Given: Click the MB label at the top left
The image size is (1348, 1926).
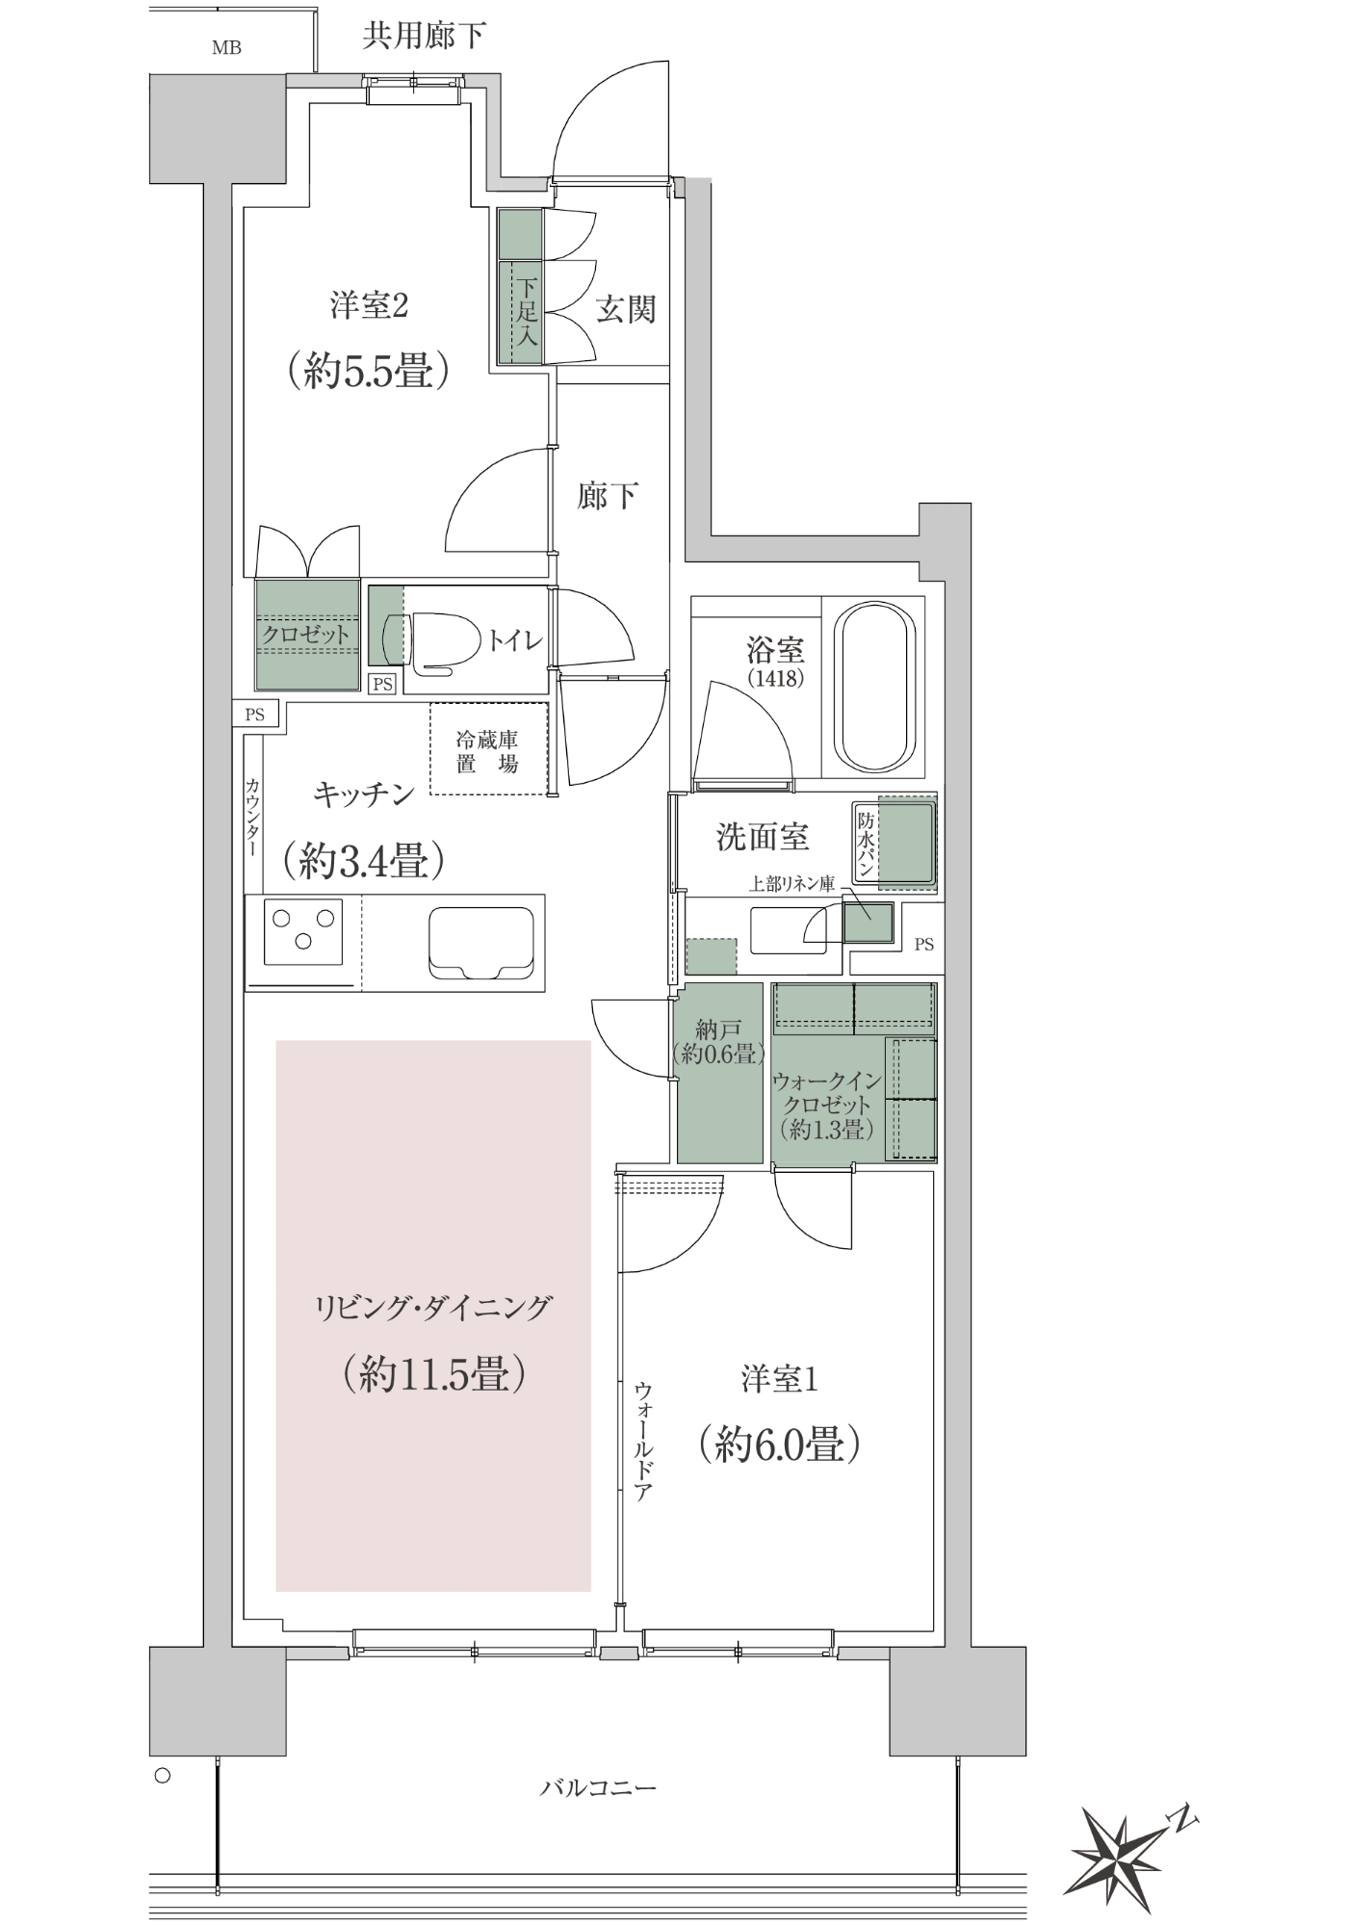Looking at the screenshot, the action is [226, 47].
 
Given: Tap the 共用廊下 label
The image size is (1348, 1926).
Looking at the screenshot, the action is [424, 36].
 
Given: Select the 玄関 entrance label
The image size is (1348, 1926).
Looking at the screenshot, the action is [626, 310].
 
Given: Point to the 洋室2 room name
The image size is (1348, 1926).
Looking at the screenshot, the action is [370, 306].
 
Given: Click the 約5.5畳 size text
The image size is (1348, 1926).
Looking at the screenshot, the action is [369, 370].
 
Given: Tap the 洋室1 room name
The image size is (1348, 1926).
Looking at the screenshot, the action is [780, 1379].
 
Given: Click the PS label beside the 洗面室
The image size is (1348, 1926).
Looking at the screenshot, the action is [923, 945].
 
